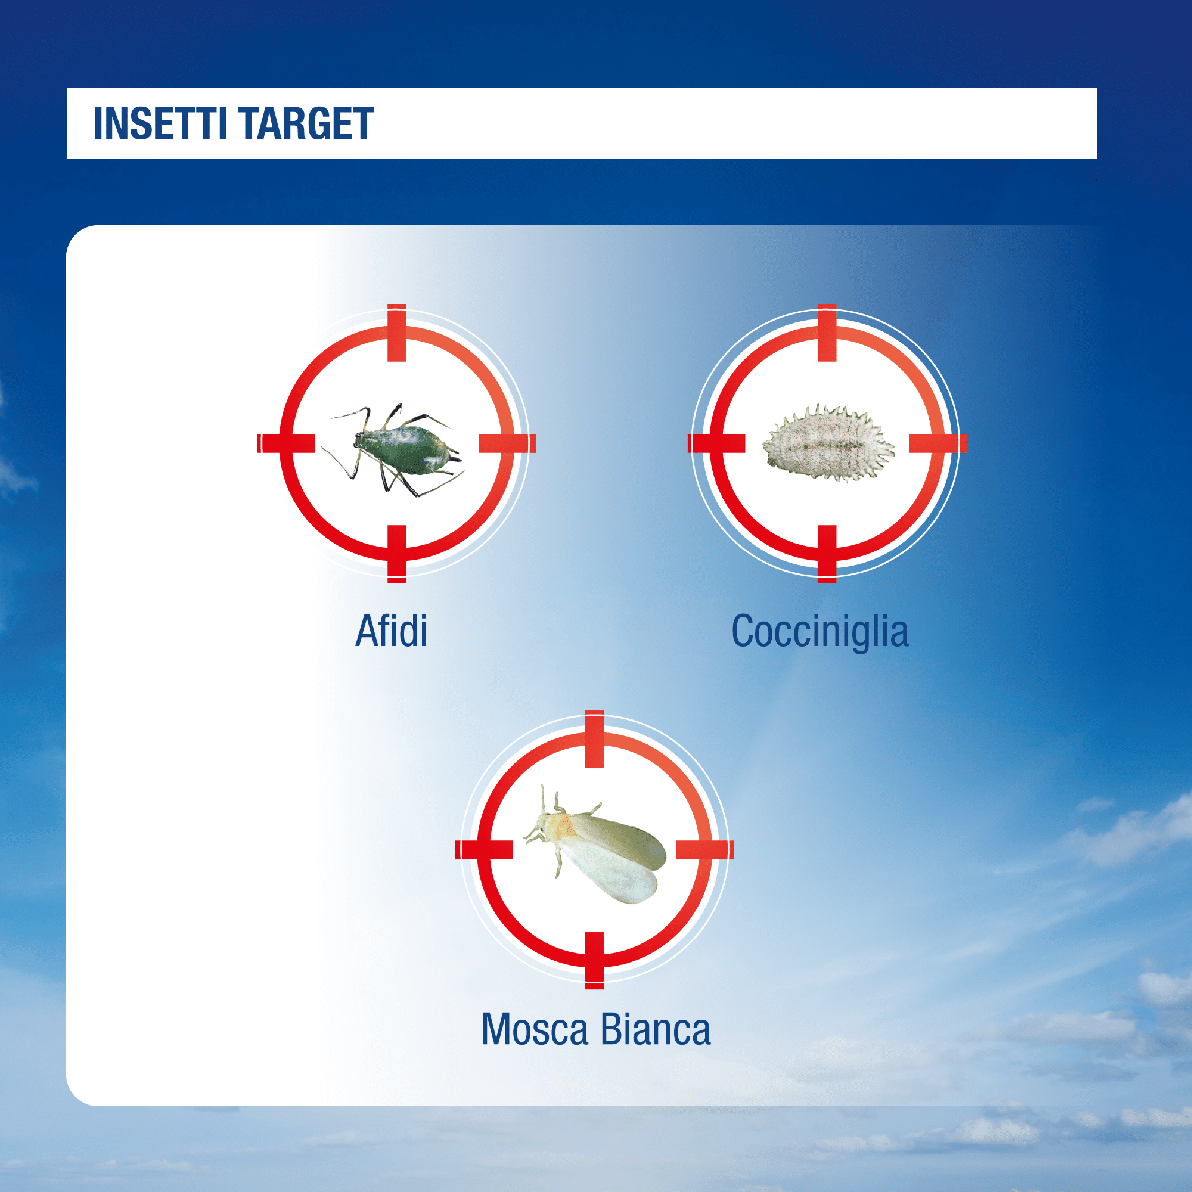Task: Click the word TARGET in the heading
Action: (306, 123)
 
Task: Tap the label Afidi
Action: (391, 631)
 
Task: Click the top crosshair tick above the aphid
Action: (397, 333)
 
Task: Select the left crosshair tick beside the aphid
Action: (286, 443)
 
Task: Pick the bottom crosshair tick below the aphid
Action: (397, 554)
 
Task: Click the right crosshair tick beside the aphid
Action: (508, 443)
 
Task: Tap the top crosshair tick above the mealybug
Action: (827, 333)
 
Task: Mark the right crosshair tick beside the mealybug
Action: (938, 443)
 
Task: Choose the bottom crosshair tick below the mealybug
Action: (827, 554)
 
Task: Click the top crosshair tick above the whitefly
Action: (594, 739)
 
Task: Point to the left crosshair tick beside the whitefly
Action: (484, 849)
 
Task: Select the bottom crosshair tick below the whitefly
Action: (594, 961)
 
